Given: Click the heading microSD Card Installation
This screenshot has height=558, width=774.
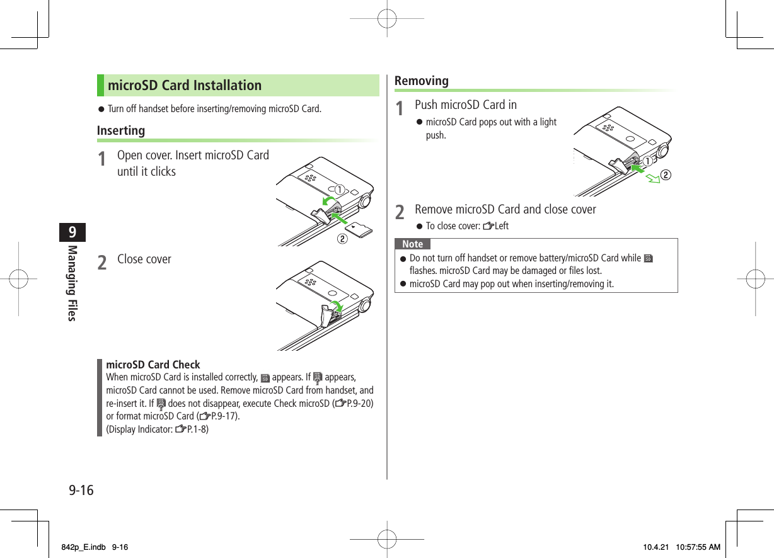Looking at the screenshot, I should [184, 86].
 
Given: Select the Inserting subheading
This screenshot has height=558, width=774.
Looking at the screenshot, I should [121, 130].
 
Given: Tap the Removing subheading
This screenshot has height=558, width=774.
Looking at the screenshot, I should [421, 81].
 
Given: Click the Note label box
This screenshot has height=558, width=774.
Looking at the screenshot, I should [412, 244].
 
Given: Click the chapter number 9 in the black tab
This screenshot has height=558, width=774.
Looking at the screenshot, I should [72, 232].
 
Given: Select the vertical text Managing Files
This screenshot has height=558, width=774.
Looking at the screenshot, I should [72, 283].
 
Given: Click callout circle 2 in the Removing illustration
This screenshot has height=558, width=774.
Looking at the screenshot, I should [664, 174].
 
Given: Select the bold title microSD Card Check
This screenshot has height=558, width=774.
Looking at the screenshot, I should [153, 365].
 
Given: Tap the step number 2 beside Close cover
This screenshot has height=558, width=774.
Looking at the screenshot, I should [101, 261].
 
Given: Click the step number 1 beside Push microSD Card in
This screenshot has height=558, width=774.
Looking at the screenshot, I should [399, 108].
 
